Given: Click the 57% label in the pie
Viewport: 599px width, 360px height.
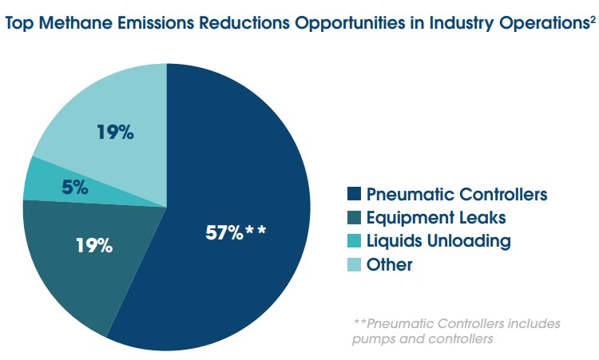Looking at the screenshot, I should tap(224, 234).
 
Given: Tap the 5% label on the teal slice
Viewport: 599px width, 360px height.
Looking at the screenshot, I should tap(75, 188).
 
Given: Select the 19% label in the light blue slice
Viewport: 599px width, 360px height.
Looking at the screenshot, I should tap(114, 132).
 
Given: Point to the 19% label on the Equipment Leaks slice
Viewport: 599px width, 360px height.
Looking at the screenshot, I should tap(93, 245).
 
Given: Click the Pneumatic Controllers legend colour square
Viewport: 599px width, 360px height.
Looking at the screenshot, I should tap(355, 194).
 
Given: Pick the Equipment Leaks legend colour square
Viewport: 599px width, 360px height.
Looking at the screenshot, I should tap(355, 217).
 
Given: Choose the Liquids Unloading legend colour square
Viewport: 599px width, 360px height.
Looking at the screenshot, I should tap(355, 240).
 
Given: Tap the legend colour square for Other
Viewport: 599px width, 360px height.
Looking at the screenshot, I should tap(355, 264).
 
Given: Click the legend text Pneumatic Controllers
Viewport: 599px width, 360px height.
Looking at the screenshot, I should tap(457, 194).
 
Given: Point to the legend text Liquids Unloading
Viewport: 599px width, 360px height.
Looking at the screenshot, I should tap(438, 240).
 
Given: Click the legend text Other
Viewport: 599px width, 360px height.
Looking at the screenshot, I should tap(389, 264).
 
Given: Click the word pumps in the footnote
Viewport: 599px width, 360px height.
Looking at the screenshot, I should tap(373, 338).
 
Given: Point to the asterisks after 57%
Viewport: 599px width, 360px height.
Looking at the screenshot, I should tap(256, 232).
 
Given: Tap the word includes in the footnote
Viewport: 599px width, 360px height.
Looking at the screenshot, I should tap(532, 324).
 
